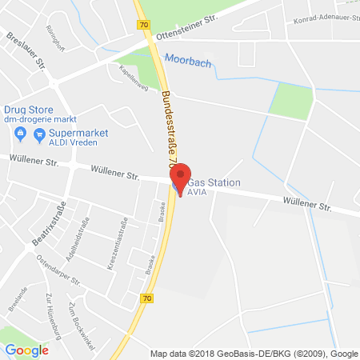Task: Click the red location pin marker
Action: tap(182, 178)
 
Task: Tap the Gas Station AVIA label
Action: tap(217, 188)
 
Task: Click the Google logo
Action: tap(26, 349)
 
